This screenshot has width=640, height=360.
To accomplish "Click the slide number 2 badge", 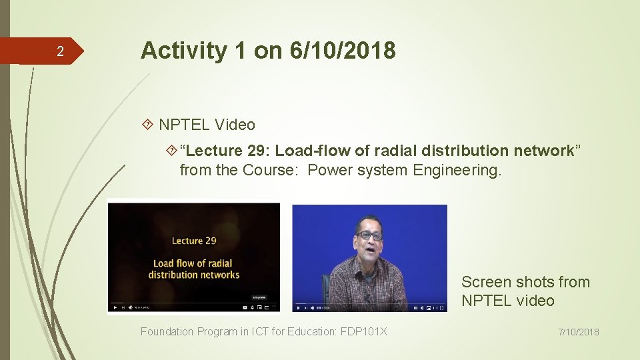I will [x=59, y=51].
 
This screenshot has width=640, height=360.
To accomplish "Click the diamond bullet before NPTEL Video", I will [x=149, y=125].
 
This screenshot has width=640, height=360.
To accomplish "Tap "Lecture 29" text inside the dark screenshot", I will [x=194, y=241].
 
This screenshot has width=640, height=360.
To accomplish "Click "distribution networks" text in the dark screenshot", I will [x=193, y=275].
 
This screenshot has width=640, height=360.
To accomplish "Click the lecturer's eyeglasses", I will [x=369, y=235].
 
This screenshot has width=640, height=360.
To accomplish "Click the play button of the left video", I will [x=115, y=307].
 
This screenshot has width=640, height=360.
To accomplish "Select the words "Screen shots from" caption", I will [x=525, y=282].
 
